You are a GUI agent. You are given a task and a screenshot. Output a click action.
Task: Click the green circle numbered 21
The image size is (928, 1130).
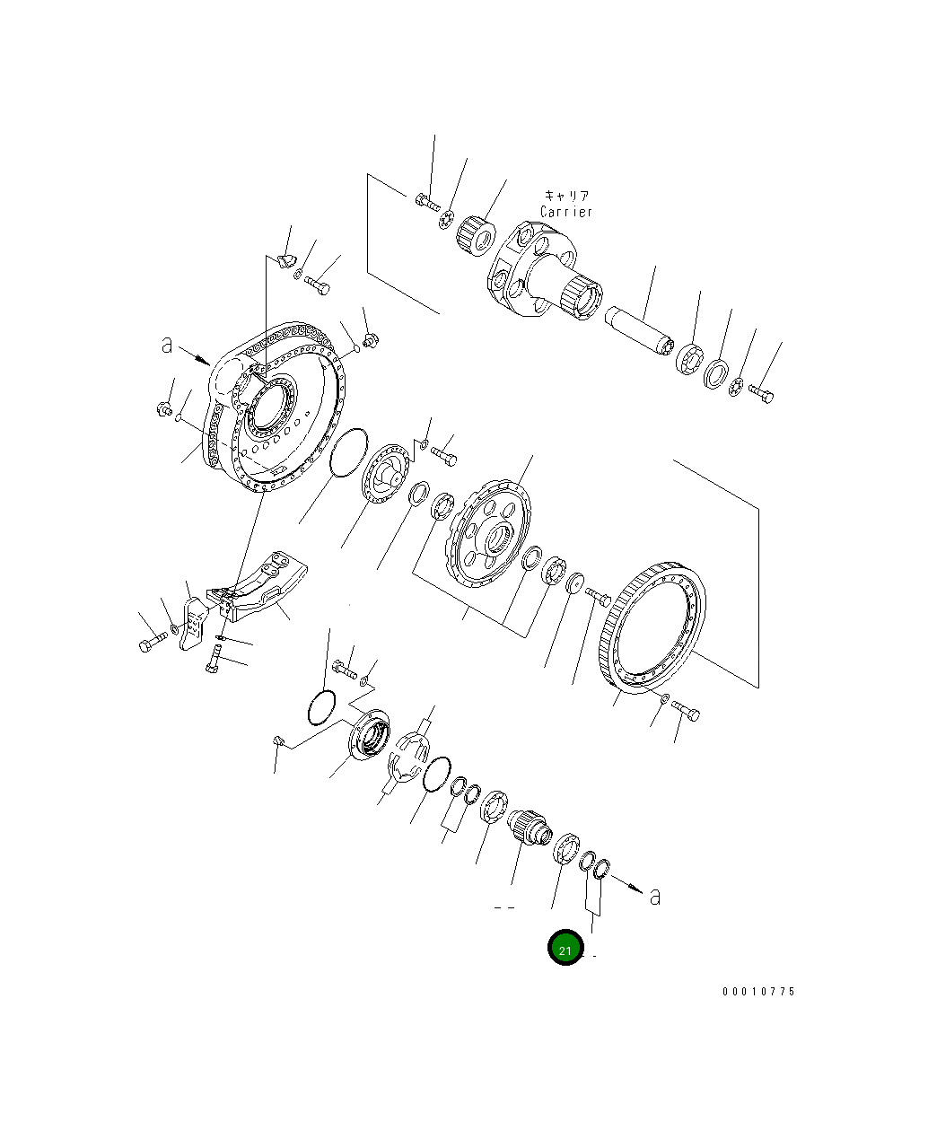[565, 949]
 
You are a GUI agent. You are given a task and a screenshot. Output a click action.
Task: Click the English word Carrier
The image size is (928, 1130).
[566, 212]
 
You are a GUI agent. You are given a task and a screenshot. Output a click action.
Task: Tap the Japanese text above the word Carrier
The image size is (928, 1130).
[566, 195]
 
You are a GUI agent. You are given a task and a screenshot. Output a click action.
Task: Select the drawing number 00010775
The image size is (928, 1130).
[758, 992]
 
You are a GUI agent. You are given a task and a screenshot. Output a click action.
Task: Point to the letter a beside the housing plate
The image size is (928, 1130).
[167, 344]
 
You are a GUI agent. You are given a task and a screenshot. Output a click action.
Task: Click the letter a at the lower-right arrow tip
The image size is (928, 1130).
[655, 896]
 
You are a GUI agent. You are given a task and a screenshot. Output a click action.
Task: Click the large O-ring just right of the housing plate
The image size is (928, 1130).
[348, 453]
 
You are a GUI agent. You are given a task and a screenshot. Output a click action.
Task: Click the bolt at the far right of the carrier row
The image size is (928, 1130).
[761, 392]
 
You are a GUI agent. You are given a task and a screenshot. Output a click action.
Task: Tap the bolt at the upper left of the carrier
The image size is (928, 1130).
[425, 199]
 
